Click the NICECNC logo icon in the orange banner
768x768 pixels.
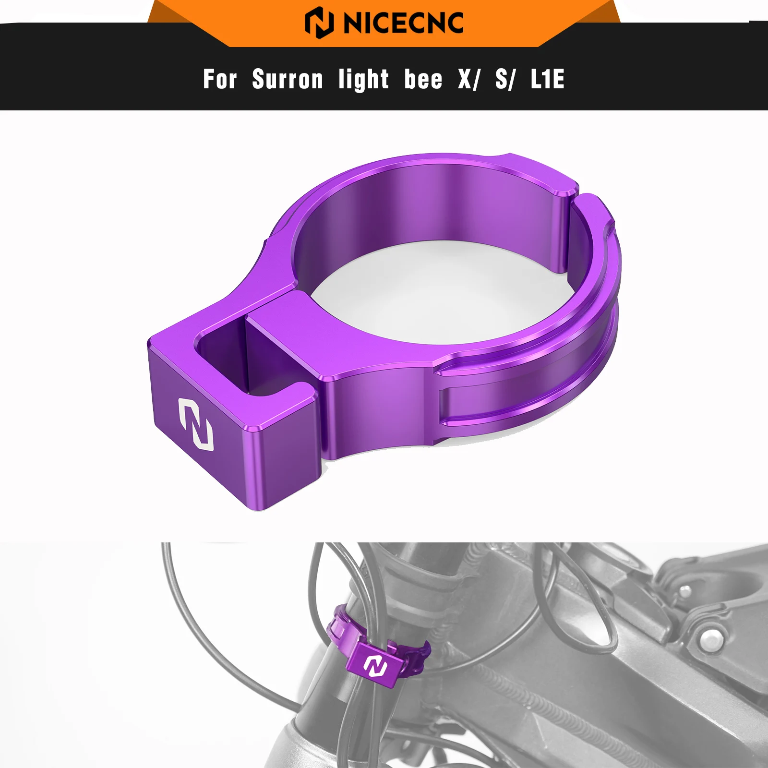[319, 23]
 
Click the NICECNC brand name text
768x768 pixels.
[404, 23]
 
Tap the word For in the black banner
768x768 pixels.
[220, 79]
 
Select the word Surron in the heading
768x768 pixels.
[288, 79]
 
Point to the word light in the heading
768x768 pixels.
[363, 79]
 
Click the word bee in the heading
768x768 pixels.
[423, 79]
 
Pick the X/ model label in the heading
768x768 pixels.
[468, 79]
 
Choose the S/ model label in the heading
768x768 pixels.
[505, 79]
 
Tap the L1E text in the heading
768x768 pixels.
[548, 79]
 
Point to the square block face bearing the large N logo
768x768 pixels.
[197, 432]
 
